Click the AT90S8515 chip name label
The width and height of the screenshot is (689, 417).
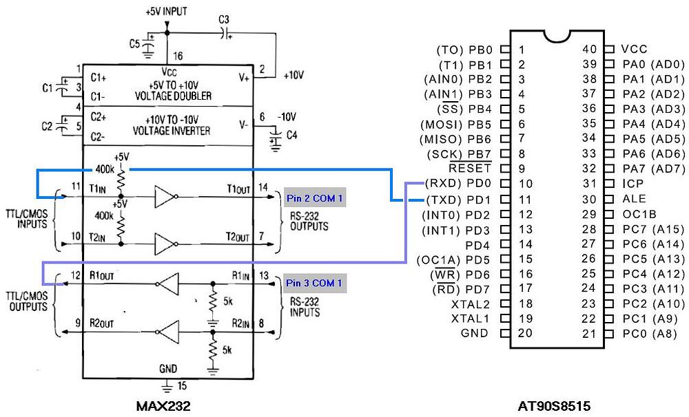(x=554, y=406)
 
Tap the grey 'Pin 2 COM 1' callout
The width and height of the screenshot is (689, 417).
(x=314, y=199)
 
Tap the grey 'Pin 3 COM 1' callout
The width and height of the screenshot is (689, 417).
(x=314, y=283)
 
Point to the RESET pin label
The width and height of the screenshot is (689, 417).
(x=470, y=169)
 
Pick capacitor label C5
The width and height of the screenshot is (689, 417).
(x=136, y=43)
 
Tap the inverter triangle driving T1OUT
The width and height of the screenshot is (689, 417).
(x=166, y=197)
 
